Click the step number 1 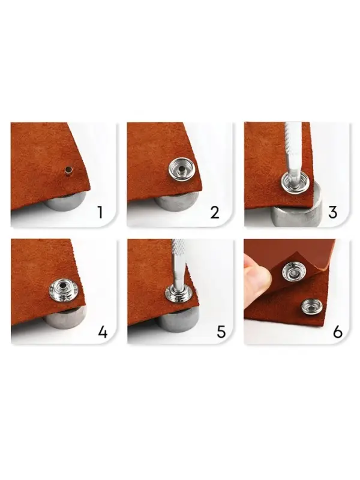(100, 212)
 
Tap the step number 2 (215, 212)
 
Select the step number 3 (333, 212)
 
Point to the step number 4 (103, 332)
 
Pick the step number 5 (221, 332)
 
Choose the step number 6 (338, 332)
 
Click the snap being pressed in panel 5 (178, 294)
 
